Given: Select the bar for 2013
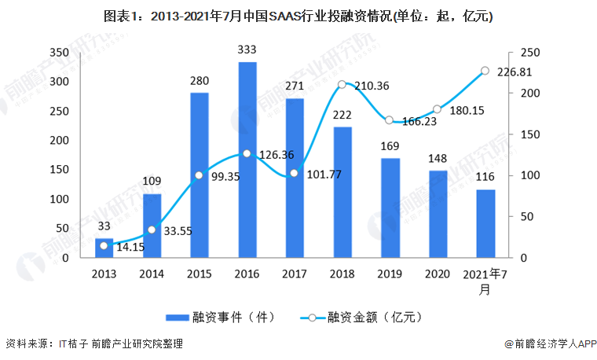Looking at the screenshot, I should pyautogui.click(x=104, y=248).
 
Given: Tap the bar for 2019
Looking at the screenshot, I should pyautogui.click(x=390, y=208).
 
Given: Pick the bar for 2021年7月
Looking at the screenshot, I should pyautogui.click(x=485, y=224).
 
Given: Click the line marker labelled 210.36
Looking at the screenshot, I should pyautogui.click(x=342, y=85).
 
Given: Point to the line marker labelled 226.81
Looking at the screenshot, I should pyautogui.click(x=485, y=71).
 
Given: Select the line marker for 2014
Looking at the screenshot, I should pyautogui.click(x=152, y=230).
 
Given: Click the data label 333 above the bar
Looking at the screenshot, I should pyautogui.click(x=247, y=50).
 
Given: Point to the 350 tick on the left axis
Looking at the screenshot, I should pyautogui.click(x=79, y=52).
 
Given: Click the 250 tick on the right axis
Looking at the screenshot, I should pyautogui.click(x=531, y=52).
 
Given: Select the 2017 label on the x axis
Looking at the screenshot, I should pyautogui.click(x=295, y=274).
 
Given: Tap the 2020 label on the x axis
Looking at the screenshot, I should pyautogui.click(x=438, y=274).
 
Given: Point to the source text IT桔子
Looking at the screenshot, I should pyautogui.click(x=72, y=343).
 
